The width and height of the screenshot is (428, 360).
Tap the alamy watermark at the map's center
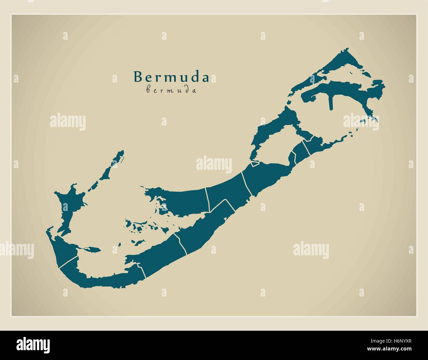click(x=214, y=164)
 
